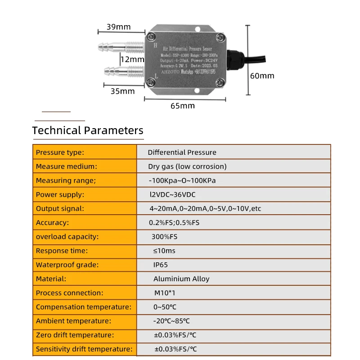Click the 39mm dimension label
[119, 27]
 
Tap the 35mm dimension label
[122, 91]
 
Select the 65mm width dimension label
[183, 106]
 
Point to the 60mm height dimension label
[262, 76]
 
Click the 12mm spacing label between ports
[132, 59]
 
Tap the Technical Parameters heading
[88, 130]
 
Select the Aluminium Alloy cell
[181, 279]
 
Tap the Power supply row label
[60, 194]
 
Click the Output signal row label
[60, 208]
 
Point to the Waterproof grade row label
[67, 265]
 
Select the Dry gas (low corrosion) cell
[187, 166]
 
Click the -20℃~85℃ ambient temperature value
[171, 321]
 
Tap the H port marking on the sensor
[155, 45]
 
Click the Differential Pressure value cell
[182, 153]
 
